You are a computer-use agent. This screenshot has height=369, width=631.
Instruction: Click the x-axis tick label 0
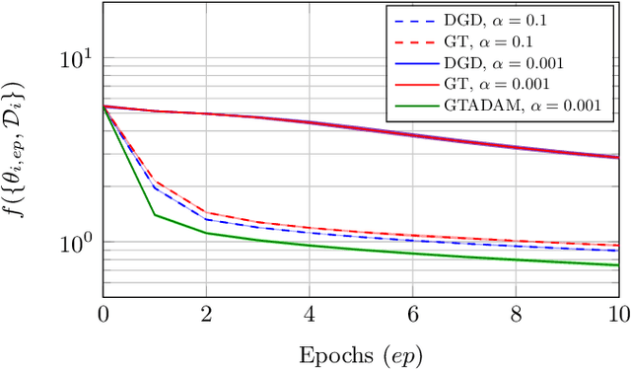pyautogui.click(x=104, y=315)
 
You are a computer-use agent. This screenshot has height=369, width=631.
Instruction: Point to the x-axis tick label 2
pyautogui.click(x=206, y=315)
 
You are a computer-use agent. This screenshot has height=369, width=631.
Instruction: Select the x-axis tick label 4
pyautogui.click(x=309, y=315)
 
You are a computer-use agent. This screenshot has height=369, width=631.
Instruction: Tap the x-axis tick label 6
pyautogui.click(x=412, y=315)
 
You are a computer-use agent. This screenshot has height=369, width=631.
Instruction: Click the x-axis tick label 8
pyautogui.click(x=515, y=315)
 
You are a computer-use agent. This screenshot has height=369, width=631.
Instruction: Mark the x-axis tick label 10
pyautogui.click(x=616, y=315)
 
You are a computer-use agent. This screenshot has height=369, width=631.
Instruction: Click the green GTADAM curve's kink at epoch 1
pyautogui.click(x=155, y=215)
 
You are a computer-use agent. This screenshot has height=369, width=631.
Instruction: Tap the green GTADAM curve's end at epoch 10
pyautogui.click(x=617, y=264)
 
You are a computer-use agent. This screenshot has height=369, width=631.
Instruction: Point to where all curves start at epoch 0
pyautogui.click(x=104, y=106)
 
